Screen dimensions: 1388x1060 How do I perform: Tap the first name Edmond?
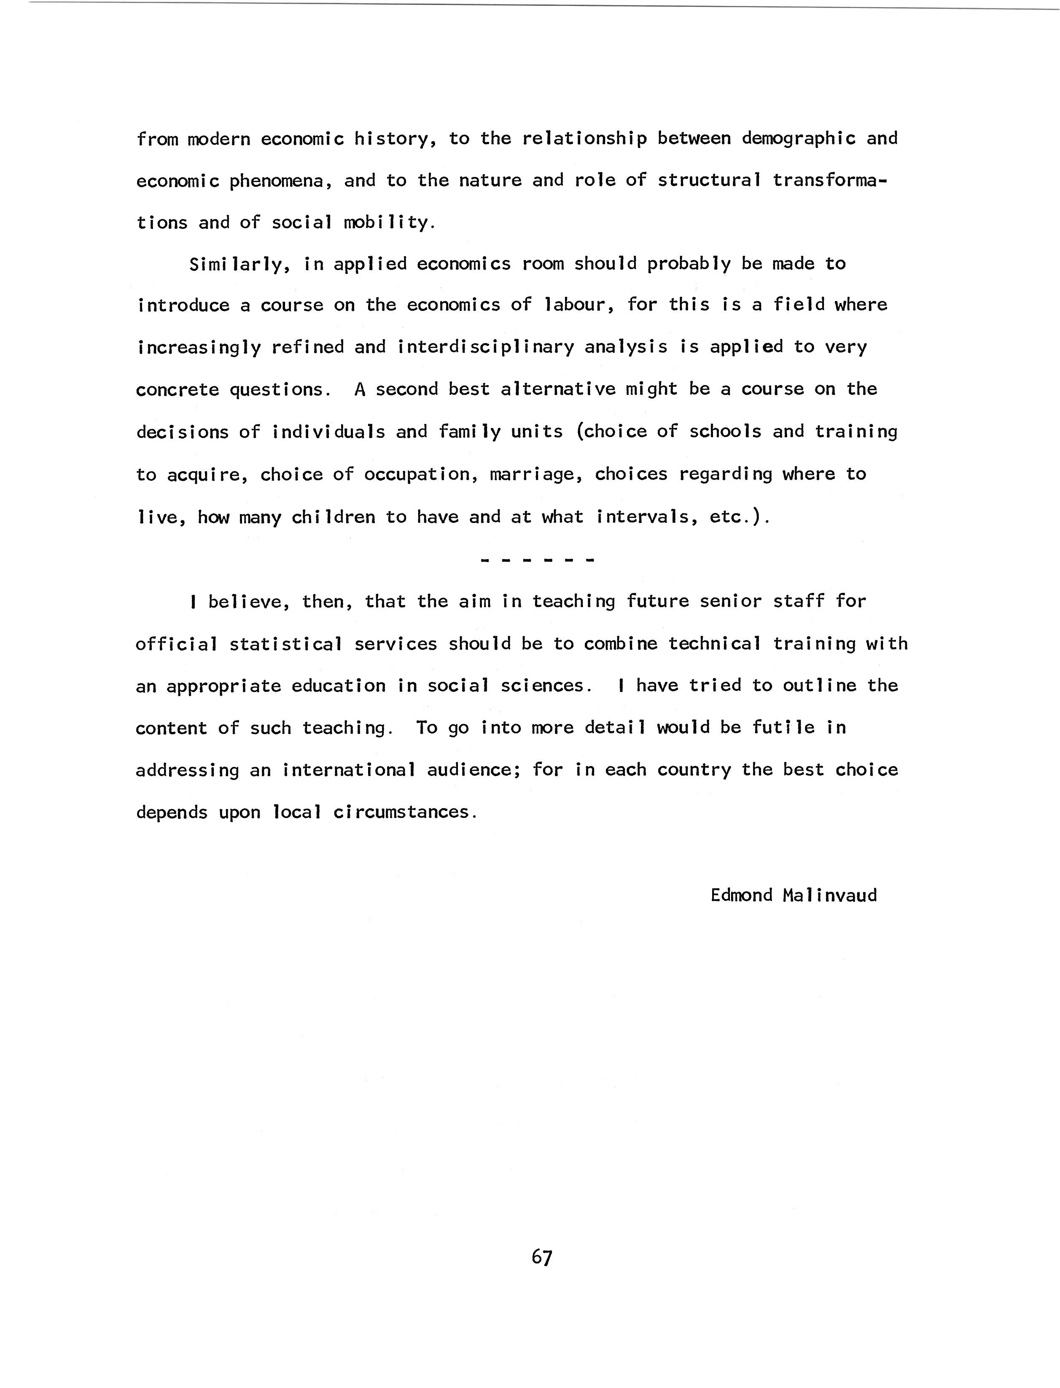tap(741, 895)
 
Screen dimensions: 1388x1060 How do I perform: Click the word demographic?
tap(798, 139)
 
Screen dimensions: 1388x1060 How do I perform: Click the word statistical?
tap(286, 644)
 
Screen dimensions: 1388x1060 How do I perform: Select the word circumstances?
tap(404, 812)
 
